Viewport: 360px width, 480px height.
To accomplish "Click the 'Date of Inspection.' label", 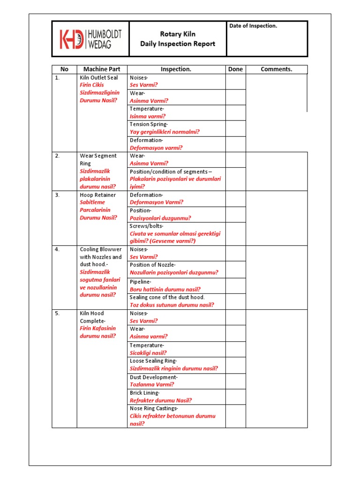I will (253, 26).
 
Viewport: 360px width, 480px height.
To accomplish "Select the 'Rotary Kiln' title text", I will (178, 34).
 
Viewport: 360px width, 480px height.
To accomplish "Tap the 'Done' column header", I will (235, 69).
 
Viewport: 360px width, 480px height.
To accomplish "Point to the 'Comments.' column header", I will (276, 69).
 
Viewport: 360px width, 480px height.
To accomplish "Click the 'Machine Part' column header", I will (102, 69).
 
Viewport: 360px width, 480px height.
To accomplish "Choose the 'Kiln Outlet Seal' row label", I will (99, 77).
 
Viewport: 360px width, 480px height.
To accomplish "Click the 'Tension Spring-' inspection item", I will (149, 124).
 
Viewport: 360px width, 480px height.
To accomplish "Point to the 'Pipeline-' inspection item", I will (141, 282).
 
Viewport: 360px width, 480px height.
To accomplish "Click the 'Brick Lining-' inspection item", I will (145, 393).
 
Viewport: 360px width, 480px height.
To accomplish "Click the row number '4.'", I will (57, 249).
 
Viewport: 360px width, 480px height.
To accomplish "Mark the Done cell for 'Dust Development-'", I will (235, 381).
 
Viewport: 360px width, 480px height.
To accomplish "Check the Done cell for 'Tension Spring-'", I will (235, 128).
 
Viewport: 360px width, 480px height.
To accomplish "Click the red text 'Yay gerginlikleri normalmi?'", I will (165, 132).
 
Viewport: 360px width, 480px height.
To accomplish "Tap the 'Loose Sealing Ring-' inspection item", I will (153, 361).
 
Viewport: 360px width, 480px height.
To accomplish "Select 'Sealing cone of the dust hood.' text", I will (167, 297).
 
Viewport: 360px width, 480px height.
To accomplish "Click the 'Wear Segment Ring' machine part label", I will (98, 159).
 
